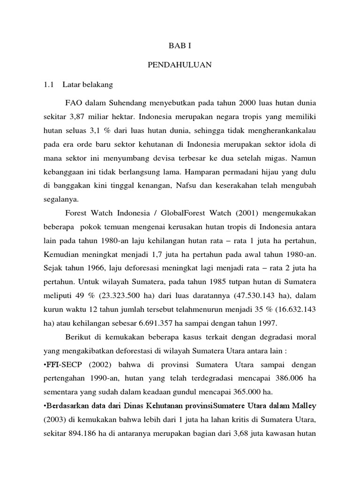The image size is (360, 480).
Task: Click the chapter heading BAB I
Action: pyautogui.click(x=180, y=45)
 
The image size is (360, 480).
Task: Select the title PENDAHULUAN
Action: pyautogui.click(x=180, y=65)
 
